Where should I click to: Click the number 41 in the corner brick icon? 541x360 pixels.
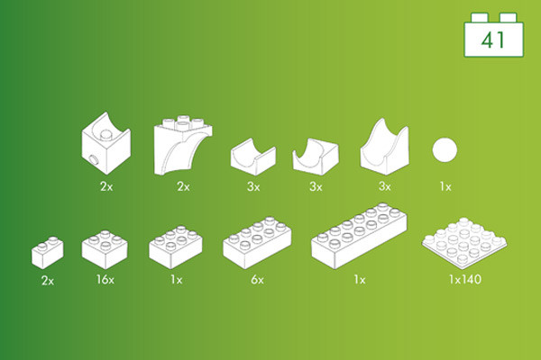(493, 40)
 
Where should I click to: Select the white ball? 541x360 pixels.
(445, 149)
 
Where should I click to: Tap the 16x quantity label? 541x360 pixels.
(105, 279)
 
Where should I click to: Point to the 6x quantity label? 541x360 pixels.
(257, 280)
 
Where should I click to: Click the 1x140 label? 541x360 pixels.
(464, 279)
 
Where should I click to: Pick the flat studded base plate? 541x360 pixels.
(464, 243)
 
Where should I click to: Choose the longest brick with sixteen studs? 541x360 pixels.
(359, 236)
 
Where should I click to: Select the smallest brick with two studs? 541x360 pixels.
(48, 253)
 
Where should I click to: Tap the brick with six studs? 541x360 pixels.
(176, 247)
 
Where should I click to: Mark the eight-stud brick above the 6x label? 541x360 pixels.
(257, 242)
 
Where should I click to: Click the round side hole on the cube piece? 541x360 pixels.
(93, 160)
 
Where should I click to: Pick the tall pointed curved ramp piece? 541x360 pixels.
(384, 147)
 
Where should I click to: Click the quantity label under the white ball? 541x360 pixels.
(445, 186)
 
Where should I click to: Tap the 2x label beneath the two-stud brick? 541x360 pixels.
(48, 281)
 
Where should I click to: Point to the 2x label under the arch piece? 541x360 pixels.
(183, 186)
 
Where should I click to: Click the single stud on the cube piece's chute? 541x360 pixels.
(106, 135)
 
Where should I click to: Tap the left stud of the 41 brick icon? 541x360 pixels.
(480, 18)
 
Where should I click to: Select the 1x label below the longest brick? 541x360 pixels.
(360, 280)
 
